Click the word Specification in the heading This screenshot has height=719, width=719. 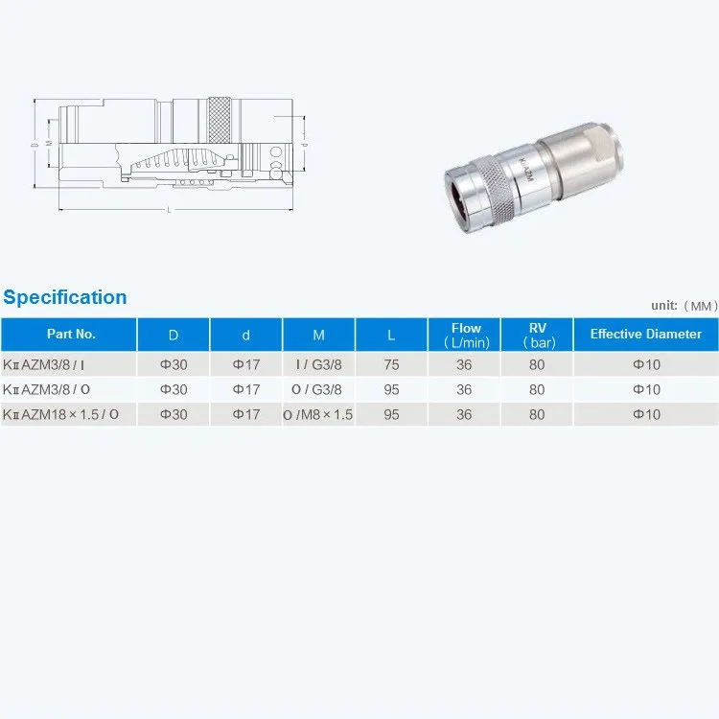tap(65, 297)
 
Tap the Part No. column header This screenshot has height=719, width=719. tap(71, 335)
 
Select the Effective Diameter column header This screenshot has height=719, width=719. tap(645, 335)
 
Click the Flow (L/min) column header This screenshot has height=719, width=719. tap(465, 335)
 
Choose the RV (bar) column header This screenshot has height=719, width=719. tap(537, 335)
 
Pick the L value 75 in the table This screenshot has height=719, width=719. tap(391, 364)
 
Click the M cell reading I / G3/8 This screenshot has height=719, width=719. tap(318, 364)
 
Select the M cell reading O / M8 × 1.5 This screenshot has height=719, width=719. tap(318, 415)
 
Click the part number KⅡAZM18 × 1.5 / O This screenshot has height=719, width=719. tap(62, 415)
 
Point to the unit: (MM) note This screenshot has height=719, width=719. tap(684, 305)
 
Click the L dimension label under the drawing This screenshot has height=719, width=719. tap(169, 210)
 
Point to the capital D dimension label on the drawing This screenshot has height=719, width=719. tap(34, 145)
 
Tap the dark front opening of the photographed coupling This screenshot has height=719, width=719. tap(464, 187)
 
